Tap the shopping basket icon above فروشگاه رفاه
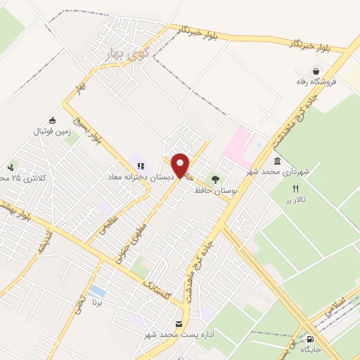click(317, 72)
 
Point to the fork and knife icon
click(295, 188)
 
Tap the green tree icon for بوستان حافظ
click(215, 179)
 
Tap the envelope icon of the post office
click(178, 323)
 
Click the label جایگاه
click(311, 349)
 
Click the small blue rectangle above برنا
click(98, 290)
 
